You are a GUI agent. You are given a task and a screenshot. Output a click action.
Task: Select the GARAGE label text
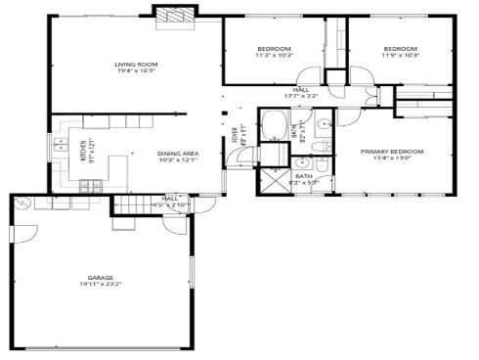(x=95, y=279)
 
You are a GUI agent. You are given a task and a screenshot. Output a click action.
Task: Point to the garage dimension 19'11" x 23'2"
(x=95, y=287)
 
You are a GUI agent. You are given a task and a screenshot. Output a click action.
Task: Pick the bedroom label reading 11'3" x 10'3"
(x=274, y=56)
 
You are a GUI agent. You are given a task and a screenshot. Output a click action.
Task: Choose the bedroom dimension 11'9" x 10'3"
(x=400, y=56)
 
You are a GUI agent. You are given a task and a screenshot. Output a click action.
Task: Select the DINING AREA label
(x=179, y=154)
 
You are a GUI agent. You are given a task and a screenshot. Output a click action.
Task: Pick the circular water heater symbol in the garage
(x=25, y=203)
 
